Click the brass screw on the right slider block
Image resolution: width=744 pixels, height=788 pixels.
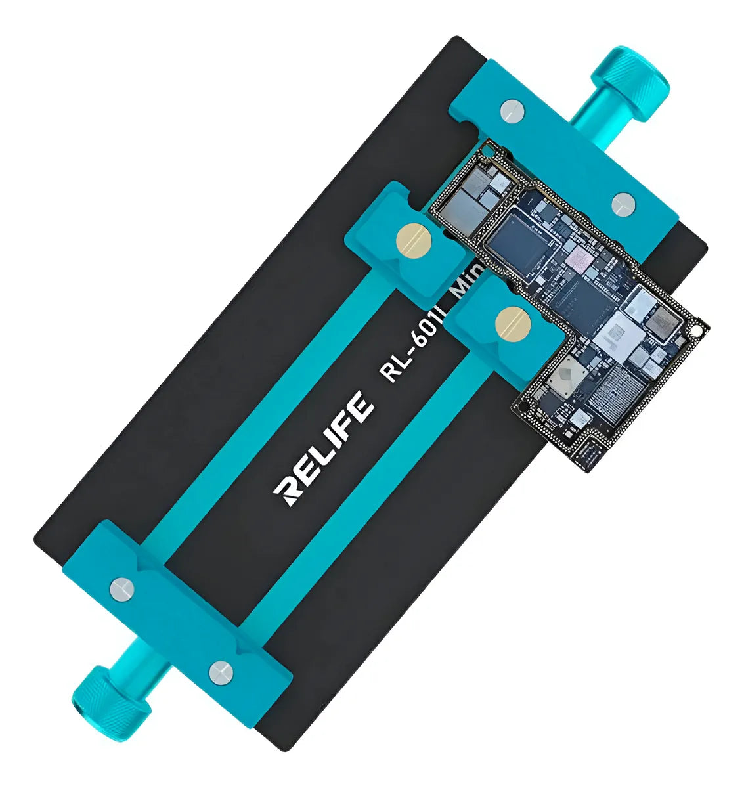(514, 322)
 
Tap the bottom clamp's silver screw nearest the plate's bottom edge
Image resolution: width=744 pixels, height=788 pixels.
(220, 671)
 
